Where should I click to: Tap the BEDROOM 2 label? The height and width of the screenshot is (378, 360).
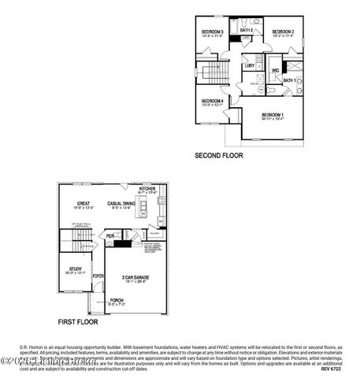click(x=283, y=31)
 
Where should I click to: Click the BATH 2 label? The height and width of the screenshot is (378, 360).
click(x=245, y=30)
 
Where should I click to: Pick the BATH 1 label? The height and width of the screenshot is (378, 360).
click(x=288, y=80)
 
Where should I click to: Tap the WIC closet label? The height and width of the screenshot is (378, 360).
click(x=276, y=71)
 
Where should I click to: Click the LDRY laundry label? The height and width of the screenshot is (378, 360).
click(x=249, y=65)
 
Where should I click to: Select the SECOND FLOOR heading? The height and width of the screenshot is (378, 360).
click(x=219, y=156)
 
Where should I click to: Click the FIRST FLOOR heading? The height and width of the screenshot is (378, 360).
click(x=77, y=322)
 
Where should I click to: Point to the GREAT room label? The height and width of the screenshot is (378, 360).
click(x=83, y=203)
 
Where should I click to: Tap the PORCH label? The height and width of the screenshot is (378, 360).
click(x=117, y=300)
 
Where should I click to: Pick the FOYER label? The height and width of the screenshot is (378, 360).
click(x=98, y=276)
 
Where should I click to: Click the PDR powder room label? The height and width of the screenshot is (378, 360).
click(x=110, y=235)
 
